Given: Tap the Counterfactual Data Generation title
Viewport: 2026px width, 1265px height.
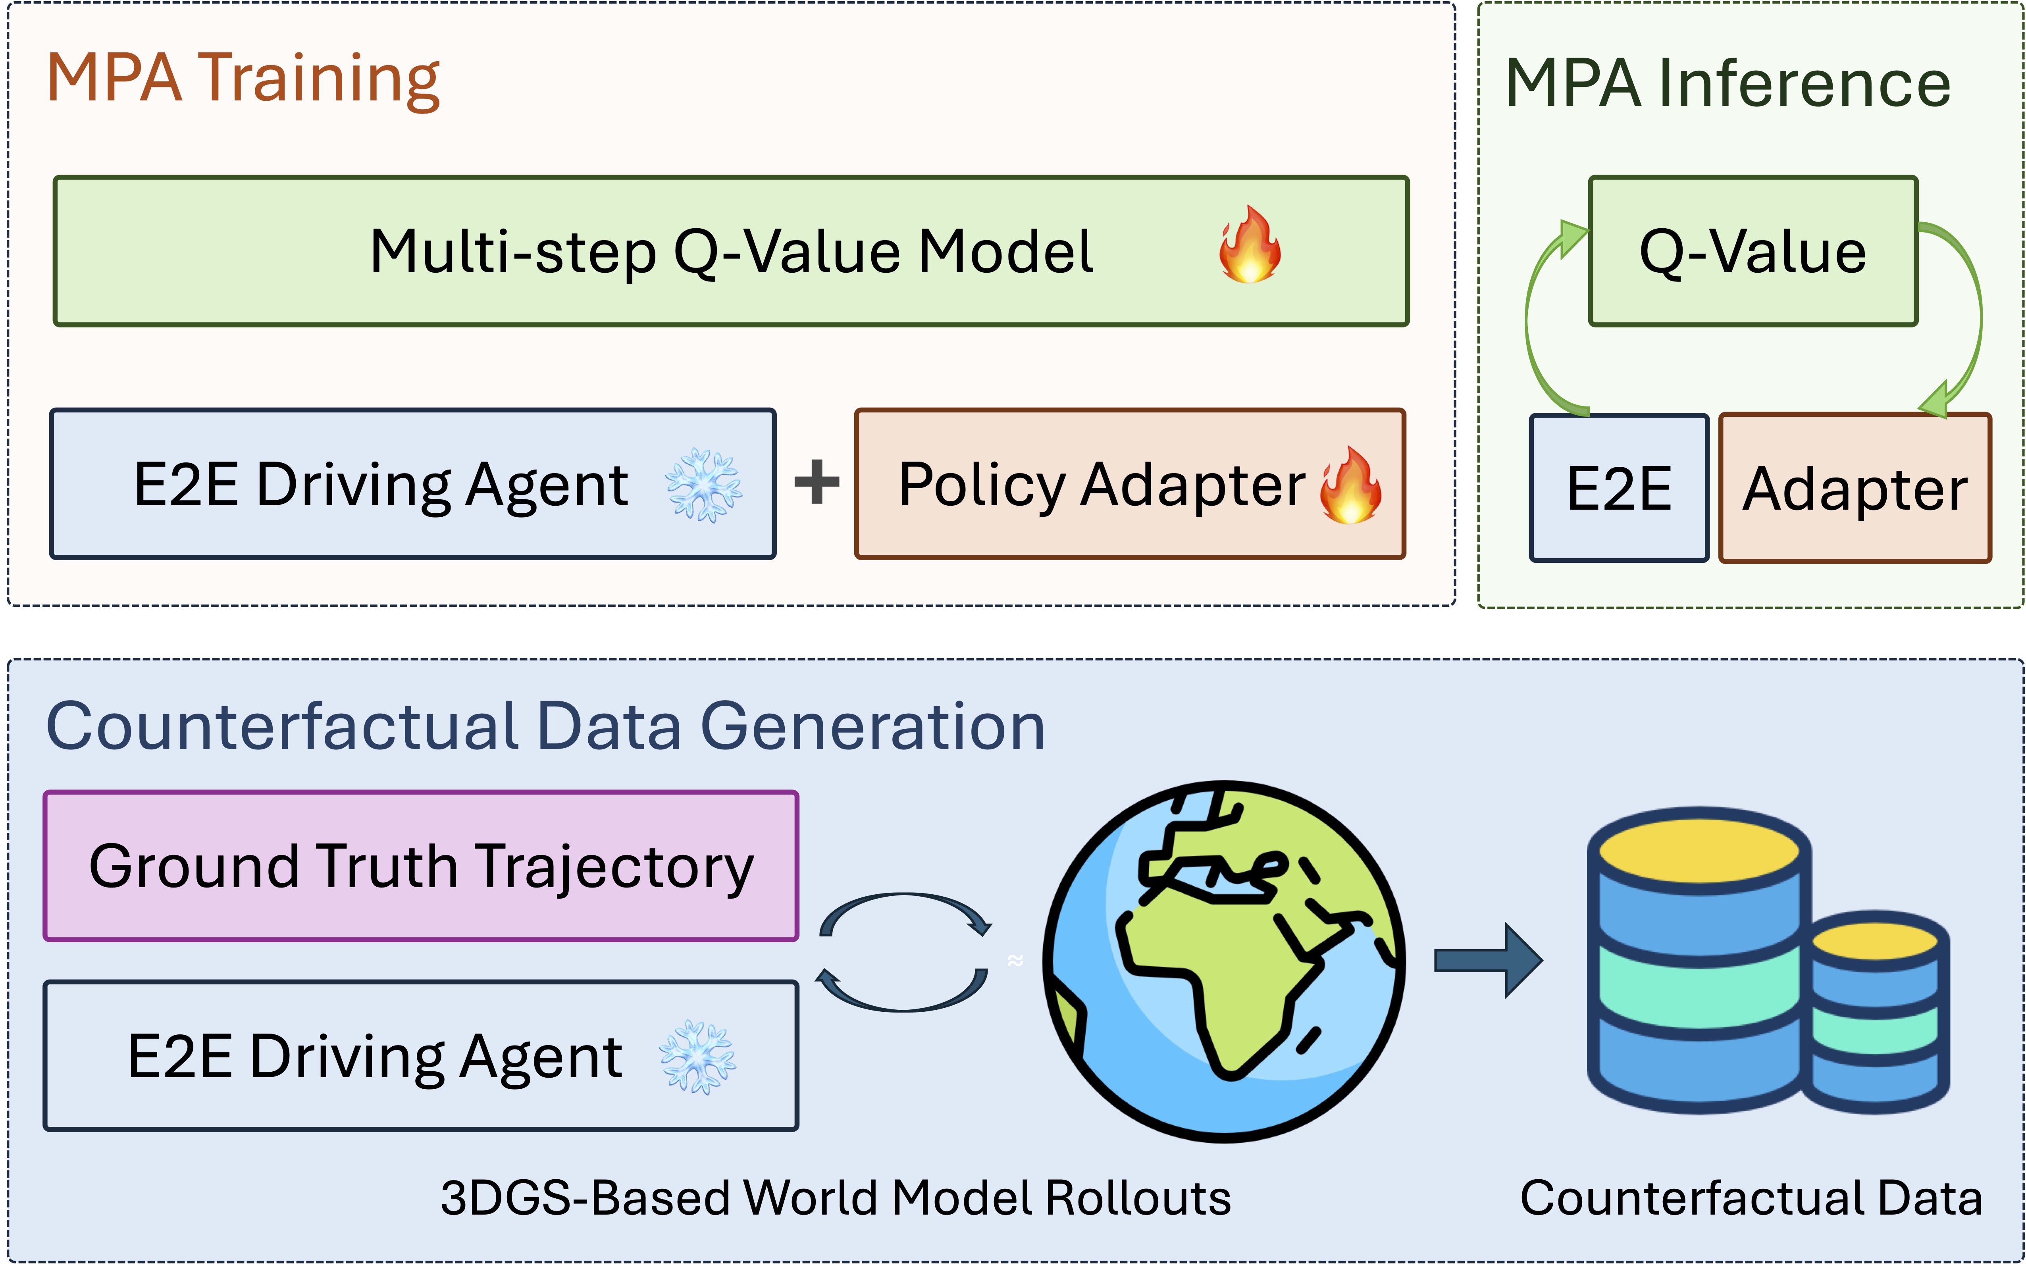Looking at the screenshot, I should [545, 726].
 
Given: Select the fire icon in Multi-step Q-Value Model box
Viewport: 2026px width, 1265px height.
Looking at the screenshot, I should [1249, 245].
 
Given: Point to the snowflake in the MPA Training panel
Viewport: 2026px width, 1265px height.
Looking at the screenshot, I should [703, 485].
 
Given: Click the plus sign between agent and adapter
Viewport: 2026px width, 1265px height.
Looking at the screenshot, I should [817, 483].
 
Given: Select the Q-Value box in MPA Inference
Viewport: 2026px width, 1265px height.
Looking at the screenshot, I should [1753, 251].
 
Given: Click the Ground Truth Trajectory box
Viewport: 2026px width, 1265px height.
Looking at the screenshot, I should [421, 866].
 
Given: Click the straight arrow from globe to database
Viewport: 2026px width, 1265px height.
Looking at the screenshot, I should [1487, 961].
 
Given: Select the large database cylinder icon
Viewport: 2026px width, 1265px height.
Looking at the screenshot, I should [1698, 961].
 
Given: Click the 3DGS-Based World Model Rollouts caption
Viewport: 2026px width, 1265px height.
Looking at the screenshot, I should [835, 1198].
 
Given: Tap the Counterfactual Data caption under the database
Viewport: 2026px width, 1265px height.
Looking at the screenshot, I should [1751, 1198].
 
